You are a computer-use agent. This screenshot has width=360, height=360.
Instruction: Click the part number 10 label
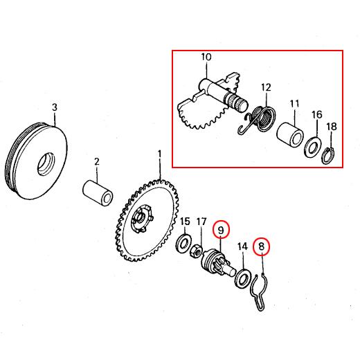tap(206, 57)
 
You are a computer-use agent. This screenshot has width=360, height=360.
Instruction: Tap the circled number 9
tap(222, 230)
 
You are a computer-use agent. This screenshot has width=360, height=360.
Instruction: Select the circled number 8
tap(262, 246)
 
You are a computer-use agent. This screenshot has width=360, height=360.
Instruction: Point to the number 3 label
tap(55, 107)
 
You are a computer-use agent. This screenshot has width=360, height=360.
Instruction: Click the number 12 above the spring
tap(266, 87)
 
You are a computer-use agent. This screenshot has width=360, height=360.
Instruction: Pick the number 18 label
tap(332, 127)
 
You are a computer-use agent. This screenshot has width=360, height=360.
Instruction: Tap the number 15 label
tap(185, 222)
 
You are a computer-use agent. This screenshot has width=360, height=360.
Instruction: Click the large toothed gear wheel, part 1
tap(147, 220)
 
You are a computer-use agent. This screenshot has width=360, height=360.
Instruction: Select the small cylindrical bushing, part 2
tap(98, 193)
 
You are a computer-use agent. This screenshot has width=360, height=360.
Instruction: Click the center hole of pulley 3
tap(46, 163)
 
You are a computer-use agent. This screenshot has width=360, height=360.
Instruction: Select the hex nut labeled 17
tap(196, 251)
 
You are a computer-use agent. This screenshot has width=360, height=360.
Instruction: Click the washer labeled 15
tap(183, 244)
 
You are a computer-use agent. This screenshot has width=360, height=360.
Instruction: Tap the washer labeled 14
tap(242, 278)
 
